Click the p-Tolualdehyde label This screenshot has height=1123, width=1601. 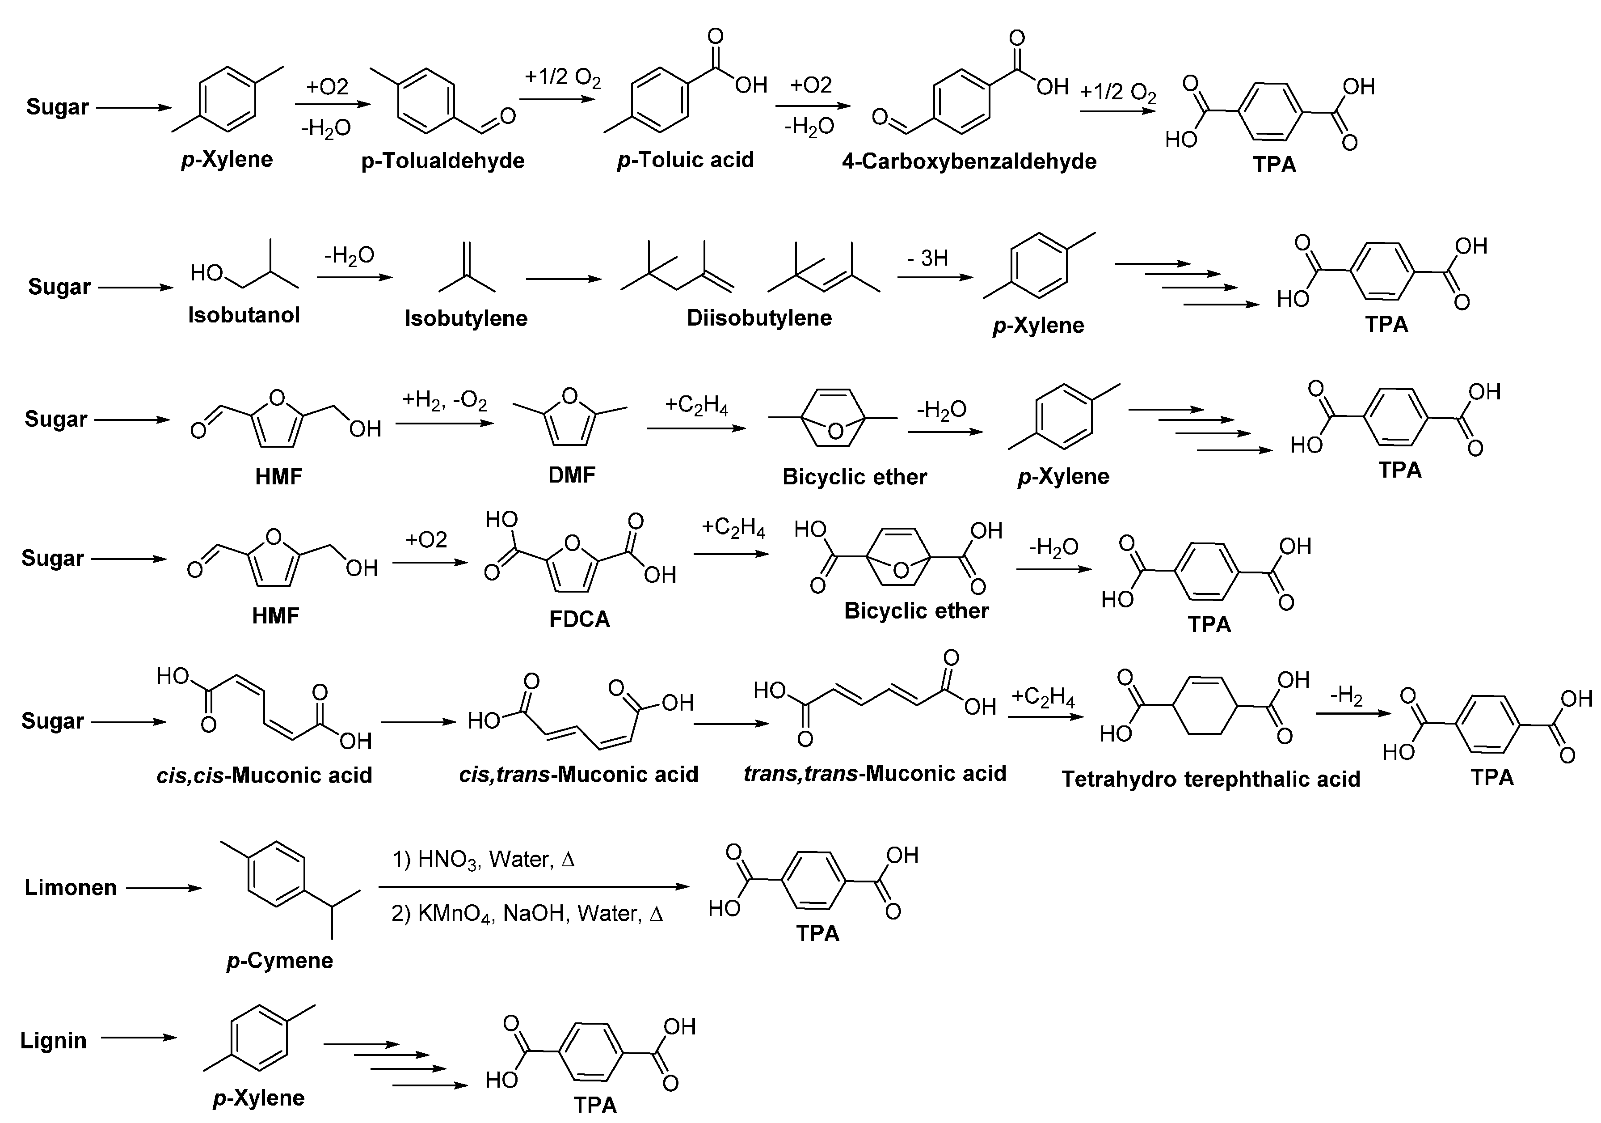pyautogui.click(x=443, y=161)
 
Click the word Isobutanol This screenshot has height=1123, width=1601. pyautogui.click(x=244, y=315)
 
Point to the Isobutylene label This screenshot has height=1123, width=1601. pyautogui.click(x=466, y=319)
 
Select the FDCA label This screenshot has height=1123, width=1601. pyautogui.click(x=579, y=619)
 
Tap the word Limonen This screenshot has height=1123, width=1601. pyautogui.click(x=71, y=887)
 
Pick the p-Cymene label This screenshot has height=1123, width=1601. pyautogui.click(x=280, y=961)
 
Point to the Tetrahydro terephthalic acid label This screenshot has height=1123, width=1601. pyautogui.click(x=1210, y=779)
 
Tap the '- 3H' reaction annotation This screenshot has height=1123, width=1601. pyautogui.click(x=927, y=258)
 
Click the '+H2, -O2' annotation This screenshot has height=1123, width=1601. pyautogui.click(x=444, y=402)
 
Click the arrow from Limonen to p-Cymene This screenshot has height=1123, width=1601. pyautogui.click(x=164, y=888)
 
